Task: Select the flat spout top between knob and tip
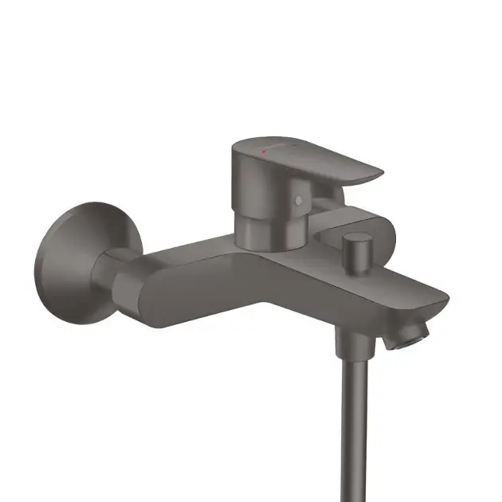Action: [x=398, y=282]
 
